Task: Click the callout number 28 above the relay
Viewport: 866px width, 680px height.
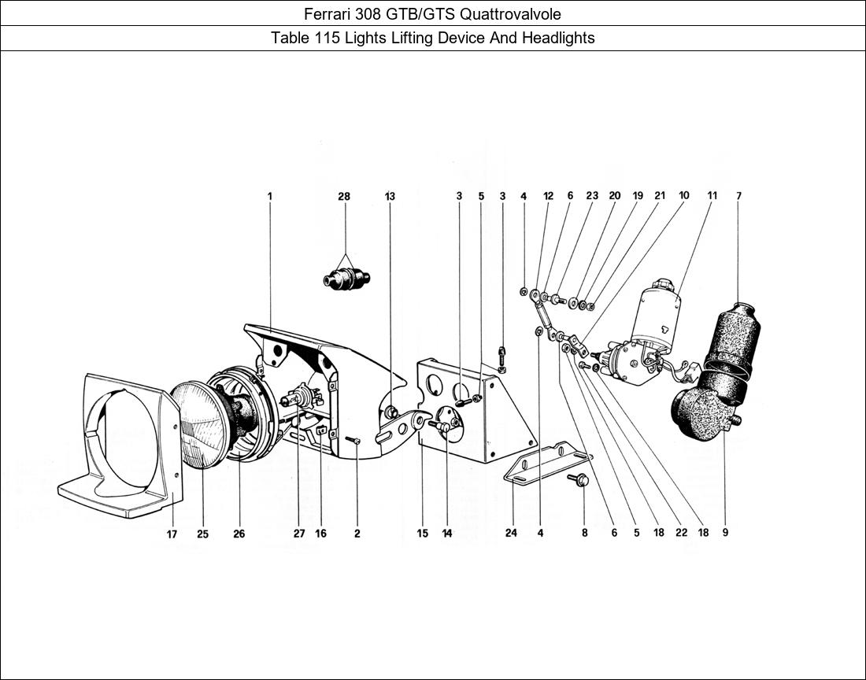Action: coord(344,196)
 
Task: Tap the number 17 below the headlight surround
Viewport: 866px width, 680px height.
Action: coord(172,534)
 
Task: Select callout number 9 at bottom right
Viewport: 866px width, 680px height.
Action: coord(725,532)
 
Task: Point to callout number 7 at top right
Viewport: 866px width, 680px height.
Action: coord(738,196)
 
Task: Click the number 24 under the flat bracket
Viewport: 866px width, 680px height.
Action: coord(511,534)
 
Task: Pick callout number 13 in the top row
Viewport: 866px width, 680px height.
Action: coord(390,196)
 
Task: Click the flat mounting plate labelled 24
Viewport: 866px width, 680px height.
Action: coord(546,464)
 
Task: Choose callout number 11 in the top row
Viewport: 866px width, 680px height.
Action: coord(712,196)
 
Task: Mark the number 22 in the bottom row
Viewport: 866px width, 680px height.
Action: coord(681,532)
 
